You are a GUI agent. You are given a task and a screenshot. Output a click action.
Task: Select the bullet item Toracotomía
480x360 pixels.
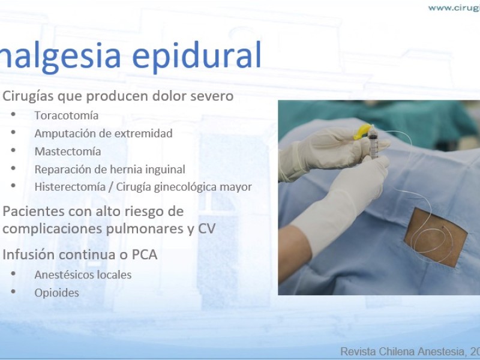(67, 115)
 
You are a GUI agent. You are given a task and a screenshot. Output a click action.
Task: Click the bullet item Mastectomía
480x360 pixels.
(68, 151)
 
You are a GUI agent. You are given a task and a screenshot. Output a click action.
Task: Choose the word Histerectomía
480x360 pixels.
(70, 187)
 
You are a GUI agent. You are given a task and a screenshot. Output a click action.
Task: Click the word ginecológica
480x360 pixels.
(185, 187)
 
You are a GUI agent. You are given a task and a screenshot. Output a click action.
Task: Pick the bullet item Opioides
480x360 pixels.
(56, 293)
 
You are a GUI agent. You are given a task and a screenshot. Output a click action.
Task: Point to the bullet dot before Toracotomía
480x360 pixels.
(13, 115)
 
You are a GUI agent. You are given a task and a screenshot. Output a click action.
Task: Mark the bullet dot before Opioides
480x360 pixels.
(13, 292)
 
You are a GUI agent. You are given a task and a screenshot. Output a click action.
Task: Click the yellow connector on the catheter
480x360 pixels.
(362, 131)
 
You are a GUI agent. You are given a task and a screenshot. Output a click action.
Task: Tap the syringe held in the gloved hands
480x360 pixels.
(373, 142)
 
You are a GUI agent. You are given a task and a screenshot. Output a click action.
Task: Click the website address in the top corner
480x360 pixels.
(454, 8)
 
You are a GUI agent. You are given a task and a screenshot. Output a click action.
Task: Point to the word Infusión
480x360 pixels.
(29, 254)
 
